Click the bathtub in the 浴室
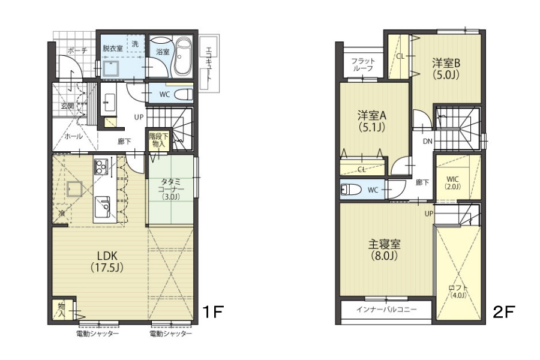point(183,57)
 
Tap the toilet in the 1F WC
point(183,94)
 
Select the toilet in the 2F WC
point(350,190)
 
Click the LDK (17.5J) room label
point(107,262)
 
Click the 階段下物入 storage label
point(158,140)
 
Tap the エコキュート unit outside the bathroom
point(209,63)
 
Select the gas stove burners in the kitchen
point(101,167)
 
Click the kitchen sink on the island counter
point(102,207)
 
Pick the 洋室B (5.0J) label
point(446,68)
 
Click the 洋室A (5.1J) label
point(372,121)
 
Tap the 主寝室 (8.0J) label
point(385,250)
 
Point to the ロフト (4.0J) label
point(458,292)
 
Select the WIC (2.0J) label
point(452,183)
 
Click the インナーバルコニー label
point(386,309)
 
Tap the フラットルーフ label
point(363,64)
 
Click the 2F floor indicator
point(504,312)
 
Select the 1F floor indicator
point(213,312)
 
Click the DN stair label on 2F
point(428,141)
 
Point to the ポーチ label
point(77,50)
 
